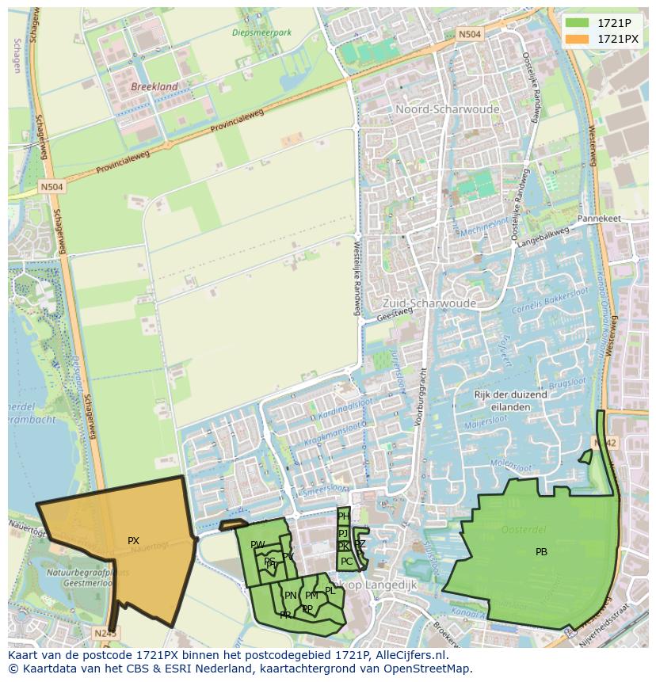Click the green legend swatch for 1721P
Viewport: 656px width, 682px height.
576,23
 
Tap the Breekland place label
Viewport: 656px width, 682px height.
154,86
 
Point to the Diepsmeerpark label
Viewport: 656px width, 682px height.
261,32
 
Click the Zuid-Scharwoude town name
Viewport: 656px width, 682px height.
429,303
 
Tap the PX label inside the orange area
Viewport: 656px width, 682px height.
133,541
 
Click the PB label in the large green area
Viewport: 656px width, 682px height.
541,552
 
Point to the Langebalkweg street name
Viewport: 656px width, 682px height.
543,235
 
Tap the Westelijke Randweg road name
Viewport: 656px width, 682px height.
357,277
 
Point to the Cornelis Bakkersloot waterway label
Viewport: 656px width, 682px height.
547,306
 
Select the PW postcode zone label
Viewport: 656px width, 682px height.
257,545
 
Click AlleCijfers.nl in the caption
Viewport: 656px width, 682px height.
409,655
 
